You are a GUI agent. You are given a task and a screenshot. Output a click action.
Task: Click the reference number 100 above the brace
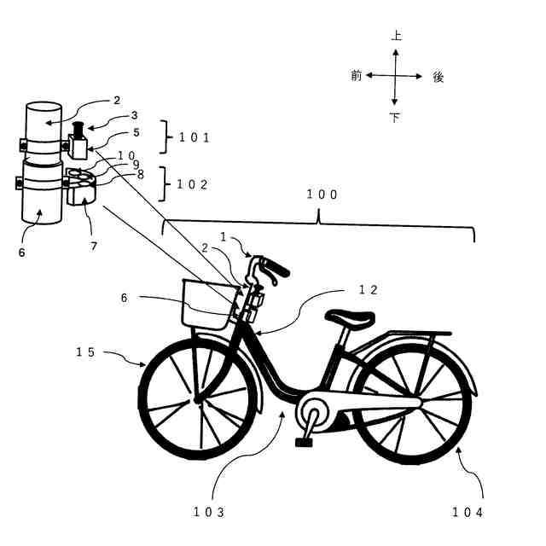[322, 195]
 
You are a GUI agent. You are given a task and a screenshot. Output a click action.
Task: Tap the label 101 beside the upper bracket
[193, 136]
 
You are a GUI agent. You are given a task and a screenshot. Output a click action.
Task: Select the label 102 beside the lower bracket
[193, 183]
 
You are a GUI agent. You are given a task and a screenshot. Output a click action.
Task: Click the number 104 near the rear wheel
[468, 512]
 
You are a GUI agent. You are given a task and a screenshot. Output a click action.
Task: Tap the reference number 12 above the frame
[368, 290]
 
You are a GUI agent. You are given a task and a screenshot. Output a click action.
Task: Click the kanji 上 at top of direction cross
[396, 36]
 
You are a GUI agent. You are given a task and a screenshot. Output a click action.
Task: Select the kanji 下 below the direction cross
[395, 118]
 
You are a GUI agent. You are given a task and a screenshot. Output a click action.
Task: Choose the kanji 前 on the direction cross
[357, 75]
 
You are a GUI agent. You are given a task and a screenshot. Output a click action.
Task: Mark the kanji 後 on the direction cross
[439, 77]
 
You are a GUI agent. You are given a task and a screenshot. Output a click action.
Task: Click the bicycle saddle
[350, 317]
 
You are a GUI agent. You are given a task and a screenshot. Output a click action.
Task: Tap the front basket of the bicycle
[206, 303]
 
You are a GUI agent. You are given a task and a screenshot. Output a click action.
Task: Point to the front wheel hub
[198, 398]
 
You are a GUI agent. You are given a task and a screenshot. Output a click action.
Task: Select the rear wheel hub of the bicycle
[413, 400]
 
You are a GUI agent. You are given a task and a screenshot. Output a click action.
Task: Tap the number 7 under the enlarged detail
[94, 246]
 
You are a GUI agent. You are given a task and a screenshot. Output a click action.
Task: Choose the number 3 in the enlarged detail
[134, 114]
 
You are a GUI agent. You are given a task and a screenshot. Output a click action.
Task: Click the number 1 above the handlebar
[224, 236]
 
